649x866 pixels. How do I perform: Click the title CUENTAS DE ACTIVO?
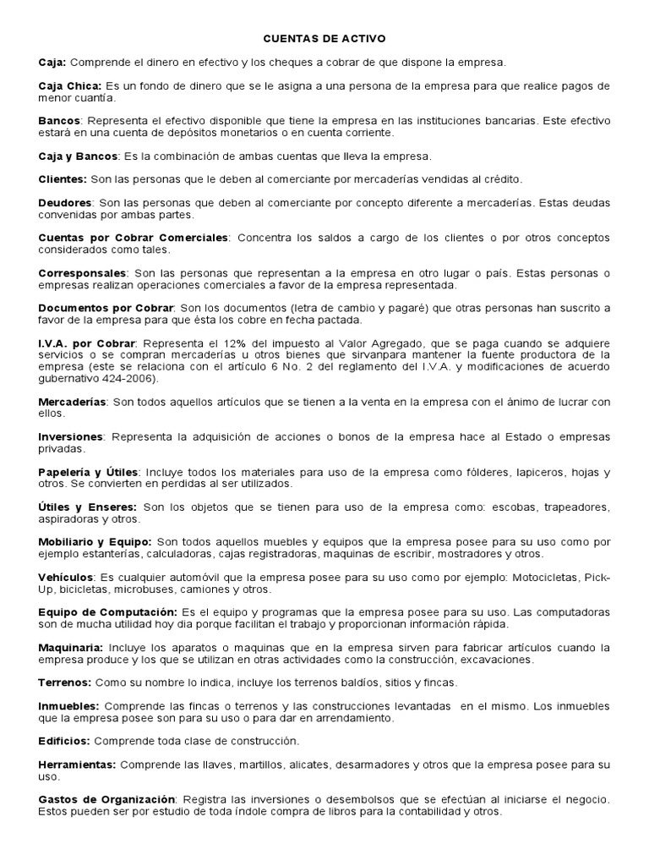[x=324, y=39]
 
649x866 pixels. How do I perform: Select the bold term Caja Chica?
[x=70, y=86]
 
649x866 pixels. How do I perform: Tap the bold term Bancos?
[x=60, y=122]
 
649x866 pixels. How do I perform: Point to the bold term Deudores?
[x=65, y=203]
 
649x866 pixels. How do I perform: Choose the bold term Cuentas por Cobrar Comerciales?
[x=134, y=238]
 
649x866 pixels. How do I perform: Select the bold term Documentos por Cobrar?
[x=106, y=309]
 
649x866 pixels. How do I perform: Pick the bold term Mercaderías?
[x=73, y=402]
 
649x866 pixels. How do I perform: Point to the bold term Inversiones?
[x=70, y=436]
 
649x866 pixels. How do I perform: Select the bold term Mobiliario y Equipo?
[x=95, y=541]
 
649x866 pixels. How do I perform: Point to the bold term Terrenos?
[x=66, y=682]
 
